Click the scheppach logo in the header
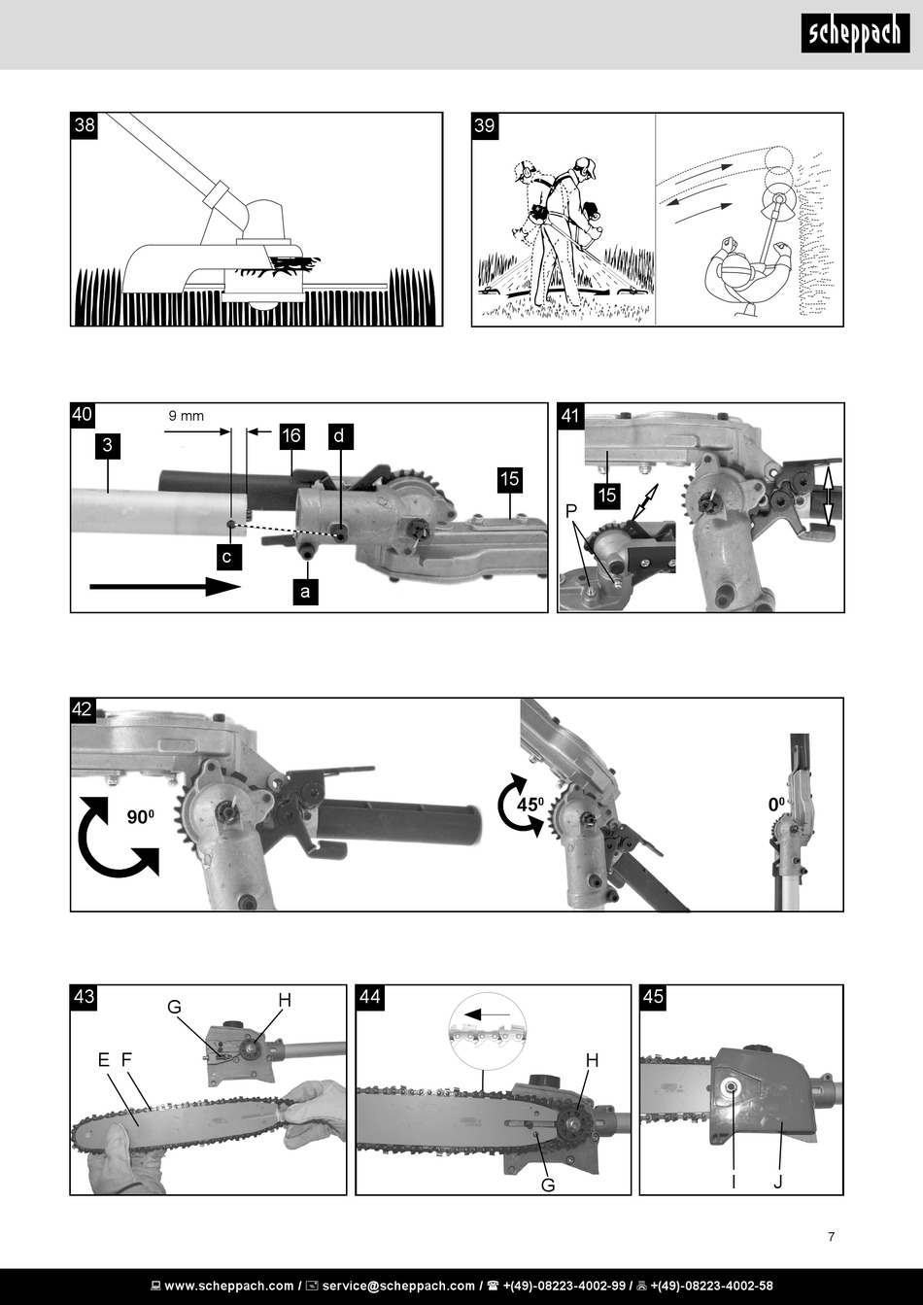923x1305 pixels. click(855, 33)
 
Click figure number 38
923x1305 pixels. click(85, 125)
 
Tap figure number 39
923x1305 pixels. click(485, 125)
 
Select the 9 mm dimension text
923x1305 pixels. click(187, 415)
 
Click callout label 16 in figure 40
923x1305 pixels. click(291, 435)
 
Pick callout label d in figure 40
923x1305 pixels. click(339, 436)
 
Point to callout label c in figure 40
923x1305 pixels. click(227, 557)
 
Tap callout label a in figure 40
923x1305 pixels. click(305, 592)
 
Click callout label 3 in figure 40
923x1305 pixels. click(107, 446)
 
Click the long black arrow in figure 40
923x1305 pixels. click(165, 587)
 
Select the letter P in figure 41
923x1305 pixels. click(571, 511)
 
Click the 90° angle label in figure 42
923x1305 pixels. click(141, 817)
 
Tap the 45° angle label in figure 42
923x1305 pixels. click(530, 805)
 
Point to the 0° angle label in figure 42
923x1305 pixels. click(776, 805)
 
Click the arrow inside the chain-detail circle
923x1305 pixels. click(487, 1014)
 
